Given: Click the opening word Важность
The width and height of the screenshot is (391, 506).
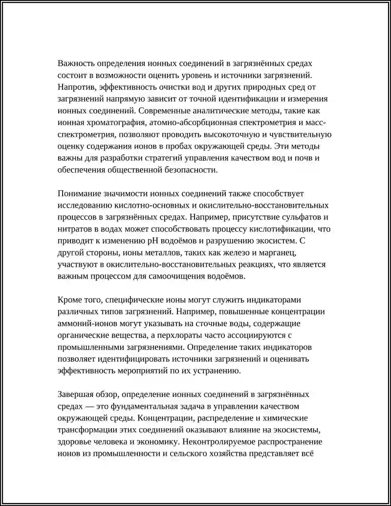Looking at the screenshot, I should coord(76,64).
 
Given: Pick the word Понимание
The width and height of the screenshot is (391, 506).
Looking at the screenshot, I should coord(80,194).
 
